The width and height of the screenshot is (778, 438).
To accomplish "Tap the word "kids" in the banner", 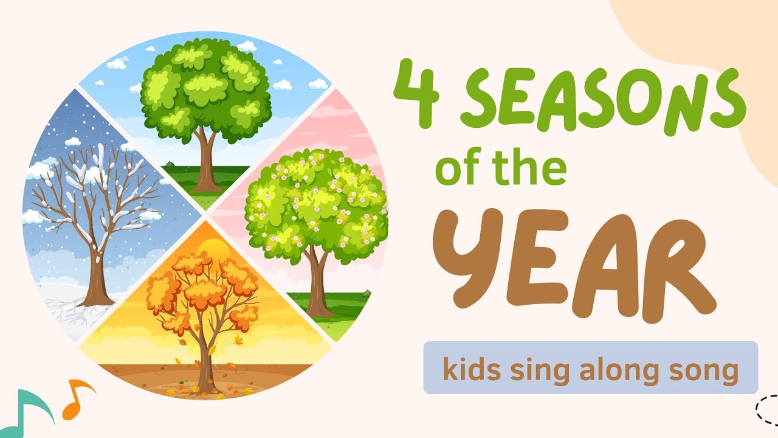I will pyautogui.click(x=471, y=369).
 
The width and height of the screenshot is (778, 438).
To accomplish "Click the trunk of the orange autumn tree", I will pyautogui.click(x=205, y=365).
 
